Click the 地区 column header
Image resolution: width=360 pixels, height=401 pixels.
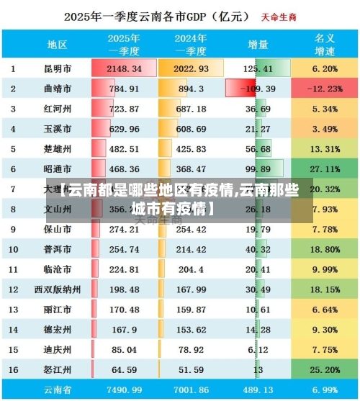(x=58, y=45)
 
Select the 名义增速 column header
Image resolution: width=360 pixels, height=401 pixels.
(x=325, y=45)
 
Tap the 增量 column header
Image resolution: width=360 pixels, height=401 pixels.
(x=258, y=45)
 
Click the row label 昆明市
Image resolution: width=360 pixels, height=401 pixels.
(x=58, y=69)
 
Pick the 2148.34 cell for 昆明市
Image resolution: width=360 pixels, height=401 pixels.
(x=124, y=69)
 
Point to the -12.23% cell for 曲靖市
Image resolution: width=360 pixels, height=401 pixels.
(x=325, y=89)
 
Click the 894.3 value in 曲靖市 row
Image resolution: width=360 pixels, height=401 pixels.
(x=191, y=89)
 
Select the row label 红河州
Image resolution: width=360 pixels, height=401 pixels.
(x=58, y=109)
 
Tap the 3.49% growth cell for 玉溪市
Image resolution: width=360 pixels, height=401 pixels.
(x=325, y=130)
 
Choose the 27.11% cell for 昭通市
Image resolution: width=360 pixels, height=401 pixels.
(x=325, y=169)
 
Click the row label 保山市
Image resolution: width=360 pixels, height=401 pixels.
(x=58, y=230)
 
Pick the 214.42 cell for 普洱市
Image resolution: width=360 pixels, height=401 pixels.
(x=191, y=250)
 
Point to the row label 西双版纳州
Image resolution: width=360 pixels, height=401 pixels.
(x=58, y=289)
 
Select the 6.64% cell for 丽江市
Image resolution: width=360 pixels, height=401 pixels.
(x=325, y=310)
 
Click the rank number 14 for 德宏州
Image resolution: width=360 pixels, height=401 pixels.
(x=13, y=330)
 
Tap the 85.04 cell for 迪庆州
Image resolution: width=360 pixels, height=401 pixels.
(x=124, y=350)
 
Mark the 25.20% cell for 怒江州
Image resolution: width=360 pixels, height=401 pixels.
(x=325, y=370)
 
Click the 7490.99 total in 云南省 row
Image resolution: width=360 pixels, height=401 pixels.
(x=124, y=389)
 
